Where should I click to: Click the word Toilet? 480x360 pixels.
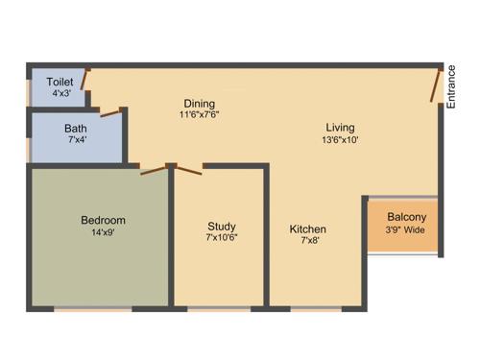[60, 83]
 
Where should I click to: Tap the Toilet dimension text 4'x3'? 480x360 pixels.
[60, 95]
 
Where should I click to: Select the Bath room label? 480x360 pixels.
[76, 129]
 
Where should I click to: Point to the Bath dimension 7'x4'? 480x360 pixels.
[76, 141]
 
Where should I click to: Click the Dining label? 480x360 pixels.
[200, 104]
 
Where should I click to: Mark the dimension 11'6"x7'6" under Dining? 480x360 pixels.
[200, 116]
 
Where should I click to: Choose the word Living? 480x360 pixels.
[340, 128]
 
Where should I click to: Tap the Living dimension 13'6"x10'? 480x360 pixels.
[340, 140]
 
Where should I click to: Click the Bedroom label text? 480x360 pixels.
[103, 220]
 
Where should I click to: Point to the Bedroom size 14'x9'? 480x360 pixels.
[103, 232]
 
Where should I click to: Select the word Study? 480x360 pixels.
[222, 227]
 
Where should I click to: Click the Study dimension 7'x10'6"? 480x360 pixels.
[222, 238]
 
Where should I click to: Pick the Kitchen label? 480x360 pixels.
[308, 229]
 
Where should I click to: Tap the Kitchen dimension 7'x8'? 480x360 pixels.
[308, 242]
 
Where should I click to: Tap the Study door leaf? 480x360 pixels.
[188, 170]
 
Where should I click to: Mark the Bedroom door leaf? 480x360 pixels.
[152, 171]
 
